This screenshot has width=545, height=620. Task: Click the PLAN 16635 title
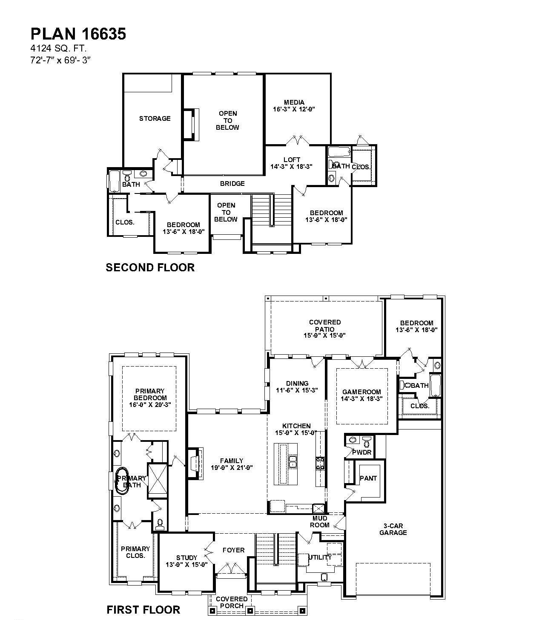(x=78, y=34)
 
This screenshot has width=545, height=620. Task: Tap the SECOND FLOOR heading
(x=150, y=267)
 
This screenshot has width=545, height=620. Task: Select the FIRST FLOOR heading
(x=143, y=610)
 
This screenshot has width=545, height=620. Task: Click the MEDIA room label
(x=294, y=102)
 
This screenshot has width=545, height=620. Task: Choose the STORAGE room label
(x=155, y=119)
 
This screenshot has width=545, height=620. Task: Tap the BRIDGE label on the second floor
(x=232, y=184)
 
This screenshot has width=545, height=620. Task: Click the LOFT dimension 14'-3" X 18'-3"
(x=292, y=167)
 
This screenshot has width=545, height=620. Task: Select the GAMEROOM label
(x=361, y=392)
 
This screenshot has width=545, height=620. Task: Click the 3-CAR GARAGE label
(x=393, y=529)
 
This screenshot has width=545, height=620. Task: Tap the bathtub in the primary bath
(x=122, y=481)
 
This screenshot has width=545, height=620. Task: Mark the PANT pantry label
(x=368, y=478)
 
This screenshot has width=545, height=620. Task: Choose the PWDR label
(x=362, y=452)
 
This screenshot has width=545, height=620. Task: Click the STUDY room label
(x=187, y=557)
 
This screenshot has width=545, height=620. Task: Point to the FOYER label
(x=234, y=550)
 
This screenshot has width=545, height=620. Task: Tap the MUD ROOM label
(x=320, y=521)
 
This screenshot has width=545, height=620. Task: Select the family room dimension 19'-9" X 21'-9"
(x=232, y=468)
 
